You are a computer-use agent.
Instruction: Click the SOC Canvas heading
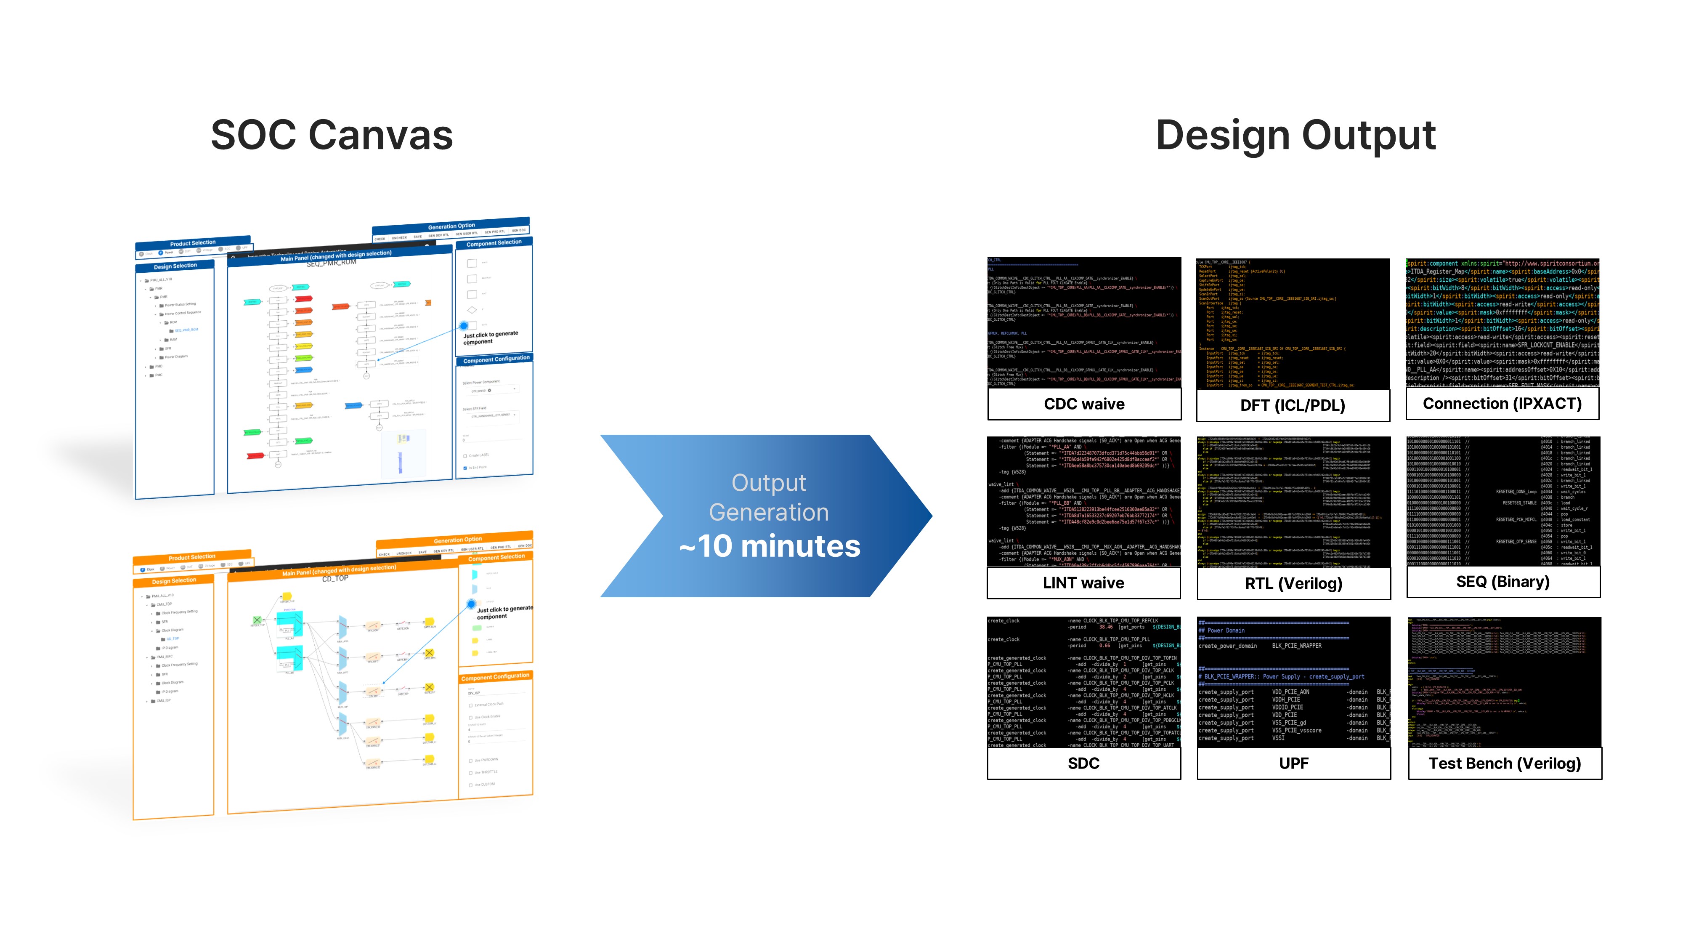(x=332, y=135)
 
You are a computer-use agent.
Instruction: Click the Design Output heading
(x=1295, y=135)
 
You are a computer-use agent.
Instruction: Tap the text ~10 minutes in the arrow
(x=770, y=546)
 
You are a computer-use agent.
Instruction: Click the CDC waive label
(x=1084, y=404)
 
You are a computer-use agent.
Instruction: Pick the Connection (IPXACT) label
(x=1502, y=403)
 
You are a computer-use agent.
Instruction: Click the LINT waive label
(x=1083, y=583)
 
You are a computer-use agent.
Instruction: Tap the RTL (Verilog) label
(x=1293, y=584)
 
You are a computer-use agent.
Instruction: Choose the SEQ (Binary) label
(x=1502, y=582)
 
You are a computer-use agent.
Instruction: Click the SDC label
(x=1083, y=763)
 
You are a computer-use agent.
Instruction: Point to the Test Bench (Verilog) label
(x=1504, y=763)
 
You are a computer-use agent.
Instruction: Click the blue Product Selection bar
(x=193, y=242)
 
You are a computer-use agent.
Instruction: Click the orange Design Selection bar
(x=174, y=580)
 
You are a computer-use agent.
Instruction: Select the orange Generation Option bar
(x=457, y=540)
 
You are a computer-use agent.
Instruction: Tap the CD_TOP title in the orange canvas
(x=335, y=578)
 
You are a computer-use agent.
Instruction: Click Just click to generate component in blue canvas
(x=490, y=337)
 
